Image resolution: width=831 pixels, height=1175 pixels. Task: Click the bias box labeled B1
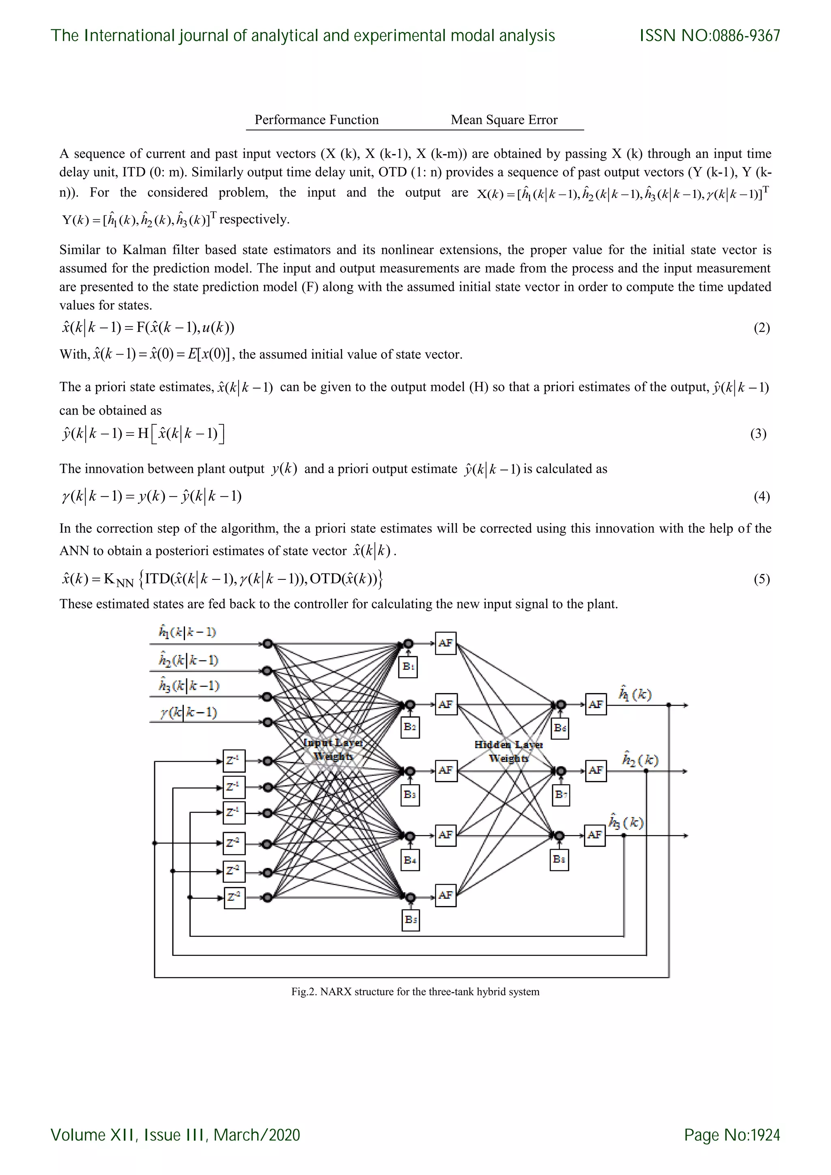pos(408,667)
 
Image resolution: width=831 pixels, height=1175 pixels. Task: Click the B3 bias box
pos(410,794)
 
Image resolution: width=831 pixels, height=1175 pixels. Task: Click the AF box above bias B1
pos(446,643)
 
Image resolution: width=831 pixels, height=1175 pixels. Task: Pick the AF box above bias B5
pos(446,895)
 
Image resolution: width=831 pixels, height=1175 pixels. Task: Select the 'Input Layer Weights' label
pos(333,749)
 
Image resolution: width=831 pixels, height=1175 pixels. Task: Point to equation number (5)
pos(761,579)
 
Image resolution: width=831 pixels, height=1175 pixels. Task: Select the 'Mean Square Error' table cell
pos(504,120)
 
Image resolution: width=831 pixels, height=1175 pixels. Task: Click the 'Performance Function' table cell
pos(317,120)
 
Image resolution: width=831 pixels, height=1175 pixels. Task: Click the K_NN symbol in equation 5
pos(118,580)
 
